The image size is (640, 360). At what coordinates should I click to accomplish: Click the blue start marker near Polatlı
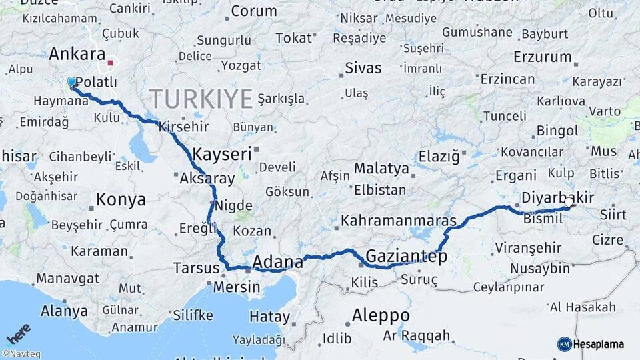tap(72, 82)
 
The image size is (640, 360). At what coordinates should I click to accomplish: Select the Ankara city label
tap(77, 54)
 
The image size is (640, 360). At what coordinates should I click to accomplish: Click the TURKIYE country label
tap(201, 99)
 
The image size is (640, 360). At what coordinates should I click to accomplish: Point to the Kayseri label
tap(222, 155)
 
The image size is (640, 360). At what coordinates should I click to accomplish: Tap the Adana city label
tap(277, 261)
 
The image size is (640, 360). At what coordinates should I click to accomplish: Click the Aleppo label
tap(381, 315)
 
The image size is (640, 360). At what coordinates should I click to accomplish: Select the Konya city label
tap(121, 199)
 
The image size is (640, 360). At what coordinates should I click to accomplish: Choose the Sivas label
tap(363, 68)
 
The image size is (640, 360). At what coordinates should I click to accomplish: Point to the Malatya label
tap(381, 169)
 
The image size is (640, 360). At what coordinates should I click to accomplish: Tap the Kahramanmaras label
tap(399, 221)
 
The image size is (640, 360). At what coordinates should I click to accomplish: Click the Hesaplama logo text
tap(599, 344)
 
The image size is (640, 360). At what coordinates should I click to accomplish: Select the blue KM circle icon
tap(564, 344)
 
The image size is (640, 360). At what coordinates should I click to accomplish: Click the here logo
tap(19, 333)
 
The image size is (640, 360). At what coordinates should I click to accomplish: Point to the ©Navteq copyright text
tap(21, 354)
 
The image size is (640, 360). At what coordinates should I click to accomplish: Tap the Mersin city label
tap(237, 287)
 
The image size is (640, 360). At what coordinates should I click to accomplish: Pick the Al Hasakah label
tap(583, 307)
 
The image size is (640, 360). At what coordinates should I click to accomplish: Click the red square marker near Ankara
tap(111, 64)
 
